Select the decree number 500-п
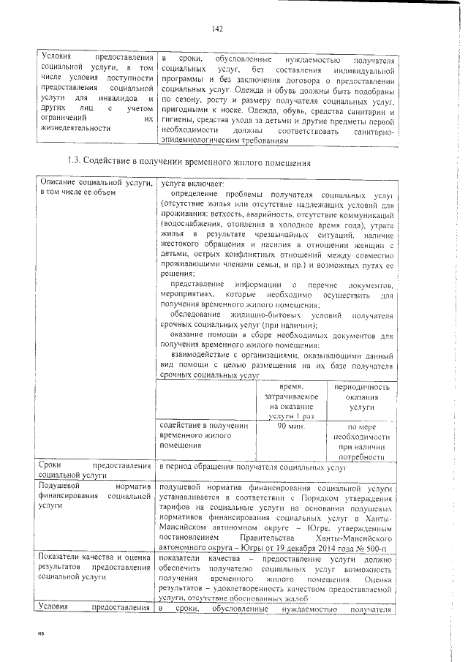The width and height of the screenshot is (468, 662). (x=382, y=546)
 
